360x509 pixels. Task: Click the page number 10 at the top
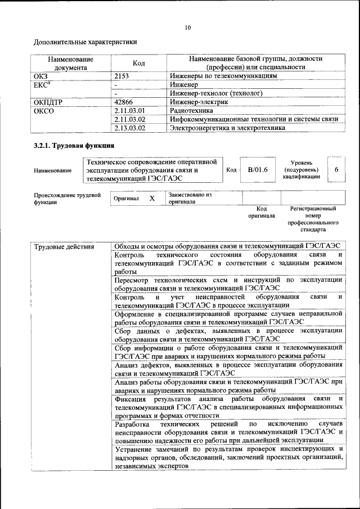point(187,28)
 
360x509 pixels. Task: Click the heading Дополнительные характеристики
point(85,42)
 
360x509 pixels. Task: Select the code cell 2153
point(121,75)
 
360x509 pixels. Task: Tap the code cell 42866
point(123,102)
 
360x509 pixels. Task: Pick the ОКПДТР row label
point(47,102)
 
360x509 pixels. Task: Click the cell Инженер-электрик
point(199,102)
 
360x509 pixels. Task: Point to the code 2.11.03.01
point(129,111)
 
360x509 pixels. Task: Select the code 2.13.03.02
point(129,128)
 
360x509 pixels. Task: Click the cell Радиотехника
point(192,111)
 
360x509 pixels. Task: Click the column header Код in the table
point(138,63)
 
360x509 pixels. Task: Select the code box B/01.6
point(258,169)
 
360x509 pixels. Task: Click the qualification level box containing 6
point(336,169)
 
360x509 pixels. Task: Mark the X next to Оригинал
point(152,199)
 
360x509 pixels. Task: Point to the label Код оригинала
point(261,212)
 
